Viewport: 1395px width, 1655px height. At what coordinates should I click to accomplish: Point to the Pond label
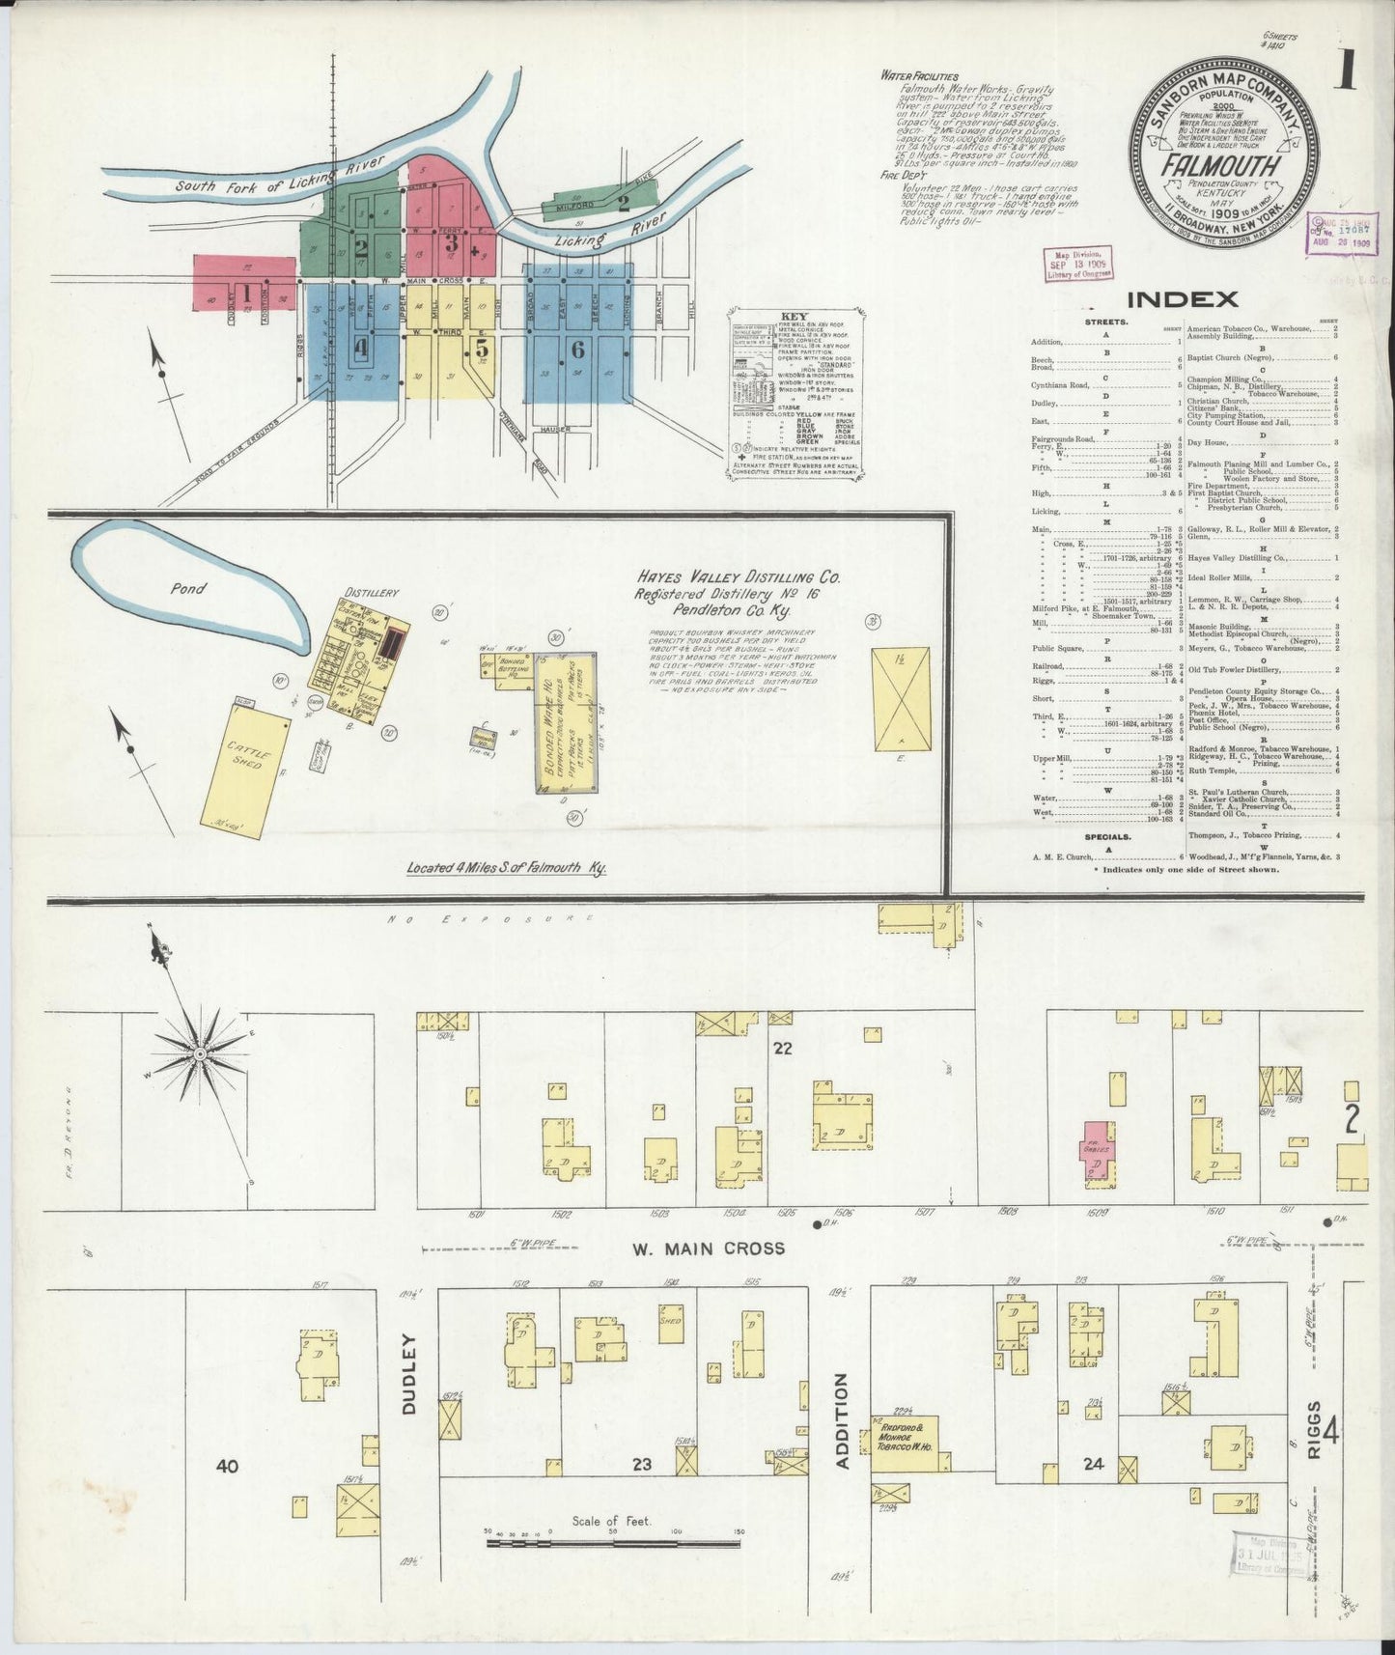[x=188, y=588]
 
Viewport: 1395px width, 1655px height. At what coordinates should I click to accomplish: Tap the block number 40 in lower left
[x=227, y=1493]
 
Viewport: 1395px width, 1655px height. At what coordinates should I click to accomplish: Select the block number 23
[x=641, y=1492]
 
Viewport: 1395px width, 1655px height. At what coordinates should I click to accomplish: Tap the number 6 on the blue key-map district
[x=577, y=348]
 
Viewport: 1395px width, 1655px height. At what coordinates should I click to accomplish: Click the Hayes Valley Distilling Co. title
[x=737, y=577]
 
